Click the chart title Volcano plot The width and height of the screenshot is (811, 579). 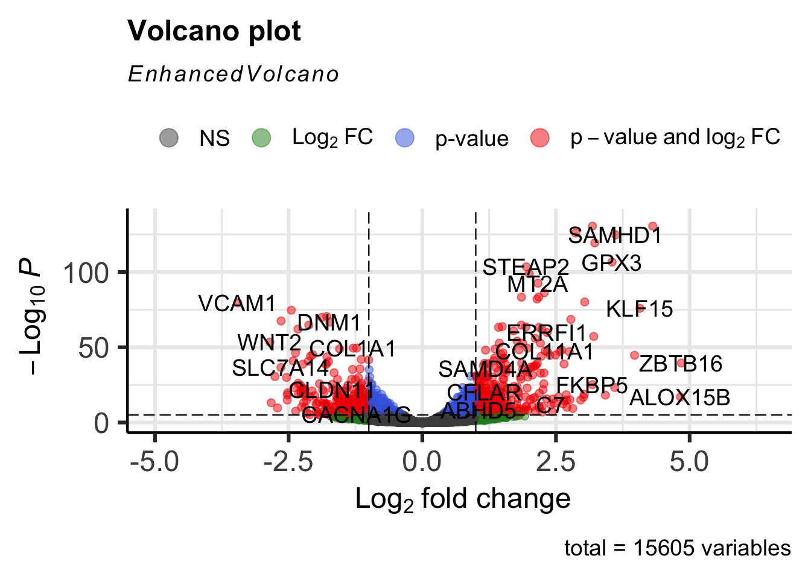(x=214, y=31)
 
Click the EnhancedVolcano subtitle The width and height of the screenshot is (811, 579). (x=234, y=74)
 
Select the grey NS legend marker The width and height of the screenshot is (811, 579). (x=169, y=138)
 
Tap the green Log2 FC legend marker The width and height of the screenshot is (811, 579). (x=261, y=138)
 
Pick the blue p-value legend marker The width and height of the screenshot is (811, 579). (x=405, y=138)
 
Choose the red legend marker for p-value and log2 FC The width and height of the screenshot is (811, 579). (x=540, y=138)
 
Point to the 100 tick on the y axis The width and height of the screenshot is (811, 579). (x=86, y=273)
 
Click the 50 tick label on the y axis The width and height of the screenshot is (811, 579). (x=94, y=348)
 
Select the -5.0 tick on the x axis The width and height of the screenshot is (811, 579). (x=155, y=463)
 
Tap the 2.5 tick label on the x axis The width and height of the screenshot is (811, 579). (x=556, y=463)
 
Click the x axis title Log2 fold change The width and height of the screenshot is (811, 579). (x=463, y=499)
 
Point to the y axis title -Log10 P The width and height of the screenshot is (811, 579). (x=30, y=316)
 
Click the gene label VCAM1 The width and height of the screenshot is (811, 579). (x=237, y=303)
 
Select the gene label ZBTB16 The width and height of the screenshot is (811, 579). (x=681, y=364)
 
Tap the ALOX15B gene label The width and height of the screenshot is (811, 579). (x=679, y=397)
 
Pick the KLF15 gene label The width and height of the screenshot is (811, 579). (x=639, y=309)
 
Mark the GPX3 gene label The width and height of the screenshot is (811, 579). (x=611, y=263)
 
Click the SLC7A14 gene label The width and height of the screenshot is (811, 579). (x=281, y=367)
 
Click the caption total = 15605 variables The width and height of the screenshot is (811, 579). (x=677, y=548)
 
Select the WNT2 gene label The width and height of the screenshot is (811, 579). (x=269, y=343)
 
